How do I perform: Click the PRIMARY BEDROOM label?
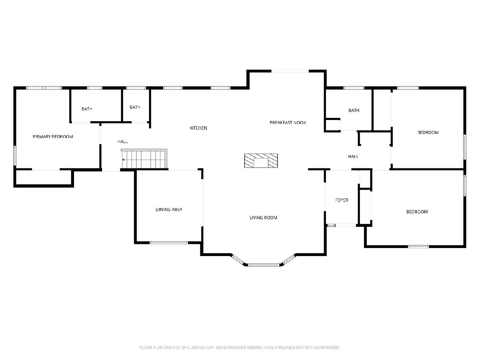53,137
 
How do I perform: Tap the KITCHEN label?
198,128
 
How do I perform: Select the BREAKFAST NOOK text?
288,122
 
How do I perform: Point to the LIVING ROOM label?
263,218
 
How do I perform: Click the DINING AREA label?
169,209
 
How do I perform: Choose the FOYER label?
342,200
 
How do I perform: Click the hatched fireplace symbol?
261,161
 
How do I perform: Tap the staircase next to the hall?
144,159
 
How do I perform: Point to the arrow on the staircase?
124,160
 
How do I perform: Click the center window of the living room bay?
264,265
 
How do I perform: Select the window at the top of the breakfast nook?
290,71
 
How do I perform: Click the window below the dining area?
169,243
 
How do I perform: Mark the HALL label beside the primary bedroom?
122,142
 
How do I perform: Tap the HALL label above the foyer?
353,156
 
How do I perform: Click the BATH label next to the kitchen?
135,107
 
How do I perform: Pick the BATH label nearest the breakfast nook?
354,110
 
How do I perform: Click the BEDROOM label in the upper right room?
428,132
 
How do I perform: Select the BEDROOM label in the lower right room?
417,212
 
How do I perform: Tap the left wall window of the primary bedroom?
15,156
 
